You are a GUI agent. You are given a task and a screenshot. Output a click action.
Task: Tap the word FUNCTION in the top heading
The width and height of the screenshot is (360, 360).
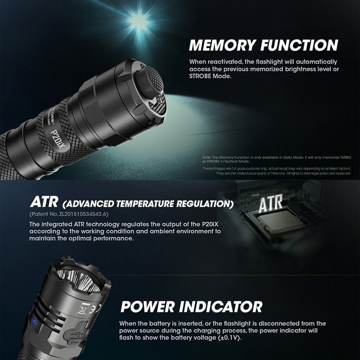pyautogui.click(x=299, y=45)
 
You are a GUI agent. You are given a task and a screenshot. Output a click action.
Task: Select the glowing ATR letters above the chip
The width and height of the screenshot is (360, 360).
pyautogui.click(x=271, y=203)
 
